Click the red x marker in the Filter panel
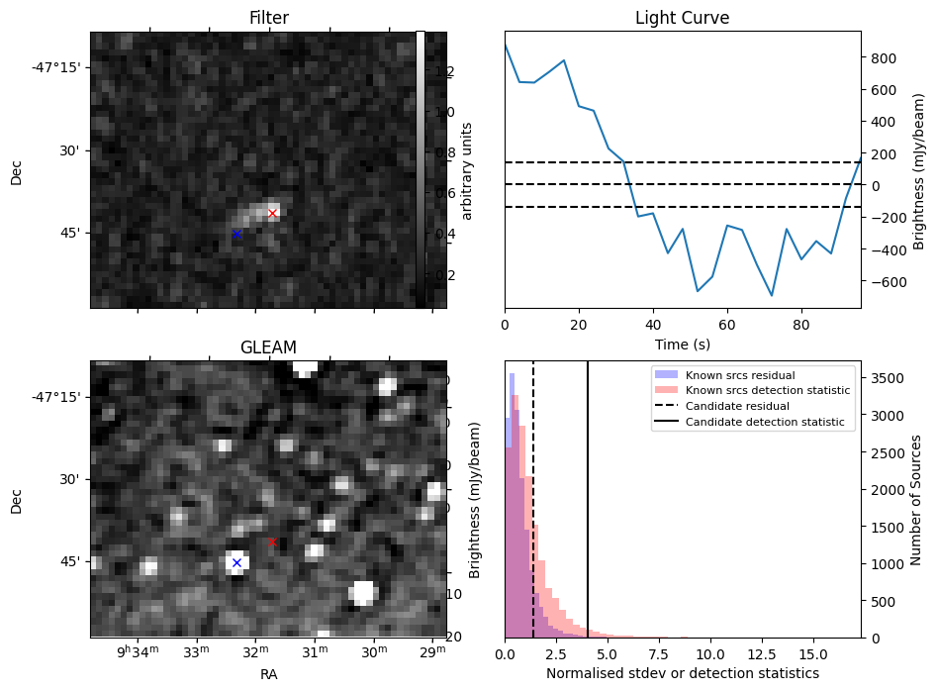(x=272, y=213)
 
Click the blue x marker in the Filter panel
(x=236, y=234)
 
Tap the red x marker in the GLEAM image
(x=272, y=542)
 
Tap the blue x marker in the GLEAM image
(x=236, y=562)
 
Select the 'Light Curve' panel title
(x=683, y=19)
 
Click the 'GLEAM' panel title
(x=268, y=347)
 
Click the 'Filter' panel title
(x=268, y=19)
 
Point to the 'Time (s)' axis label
(x=683, y=345)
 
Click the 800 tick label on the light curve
(x=884, y=58)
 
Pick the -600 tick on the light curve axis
(x=881, y=281)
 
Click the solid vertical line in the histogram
(x=588, y=495)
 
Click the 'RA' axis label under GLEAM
(x=268, y=674)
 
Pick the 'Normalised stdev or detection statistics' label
(x=683, y=673)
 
